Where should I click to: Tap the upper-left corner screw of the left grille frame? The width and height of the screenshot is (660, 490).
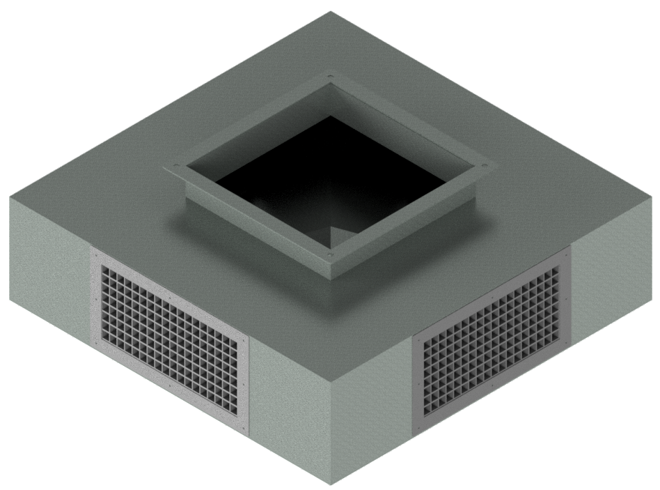click(96, 257)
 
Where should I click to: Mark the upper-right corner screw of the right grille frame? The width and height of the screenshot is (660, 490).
click(565, 255)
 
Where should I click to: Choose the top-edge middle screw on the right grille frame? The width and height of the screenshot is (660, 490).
click(494, 294)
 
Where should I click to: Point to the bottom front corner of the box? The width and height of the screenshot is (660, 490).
click(333, 485)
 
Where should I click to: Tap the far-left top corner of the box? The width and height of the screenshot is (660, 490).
click(10, 197)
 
